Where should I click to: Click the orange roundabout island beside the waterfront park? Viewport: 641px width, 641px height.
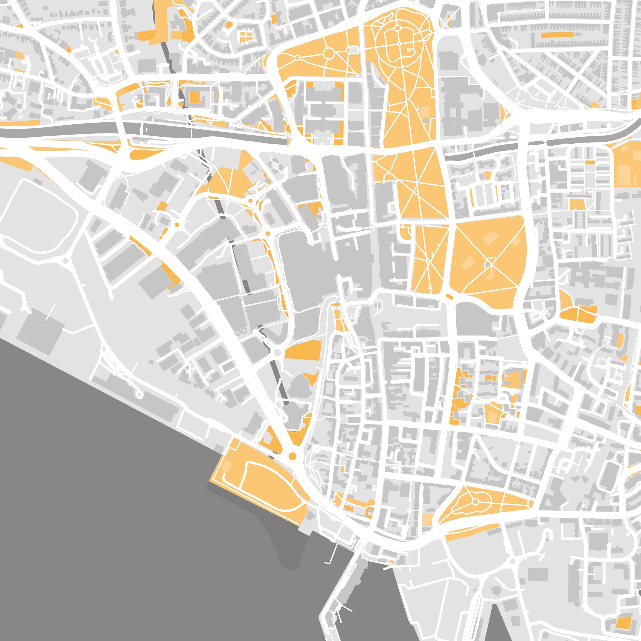point(292,456)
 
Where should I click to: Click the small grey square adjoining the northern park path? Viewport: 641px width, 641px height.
point(354,50)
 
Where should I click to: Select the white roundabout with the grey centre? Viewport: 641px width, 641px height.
point(278,352)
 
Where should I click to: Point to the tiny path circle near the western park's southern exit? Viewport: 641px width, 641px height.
point(430,287)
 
